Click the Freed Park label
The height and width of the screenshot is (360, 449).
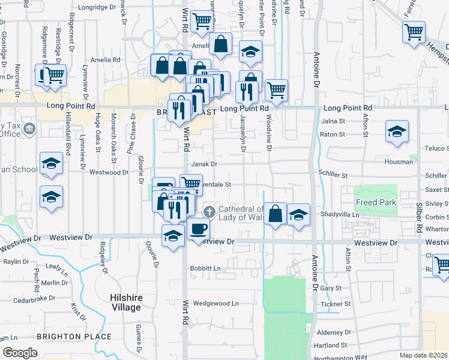point(376,203)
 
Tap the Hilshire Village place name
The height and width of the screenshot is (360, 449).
point(125,302)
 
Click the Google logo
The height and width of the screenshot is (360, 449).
point(20,353)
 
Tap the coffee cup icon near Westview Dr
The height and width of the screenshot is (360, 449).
point(199,228)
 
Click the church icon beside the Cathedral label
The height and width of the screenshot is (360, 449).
point(209,212)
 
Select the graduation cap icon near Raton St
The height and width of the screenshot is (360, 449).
point(397,131)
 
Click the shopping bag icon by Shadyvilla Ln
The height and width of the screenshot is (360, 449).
point(275,213)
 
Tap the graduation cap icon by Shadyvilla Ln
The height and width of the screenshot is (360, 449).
point(298,214)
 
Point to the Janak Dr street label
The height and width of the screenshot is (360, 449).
point(204,164)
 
